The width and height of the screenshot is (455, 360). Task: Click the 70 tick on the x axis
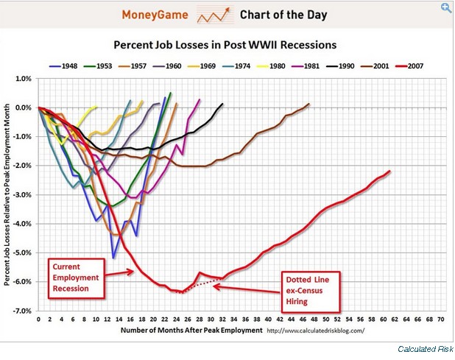click(x=440, y=321)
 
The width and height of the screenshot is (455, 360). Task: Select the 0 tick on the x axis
click(x=38, y=321)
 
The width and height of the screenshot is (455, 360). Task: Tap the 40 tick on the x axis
click(x=268, y=321)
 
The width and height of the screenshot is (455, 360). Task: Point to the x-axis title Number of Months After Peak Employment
click(x=149, y=331)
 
